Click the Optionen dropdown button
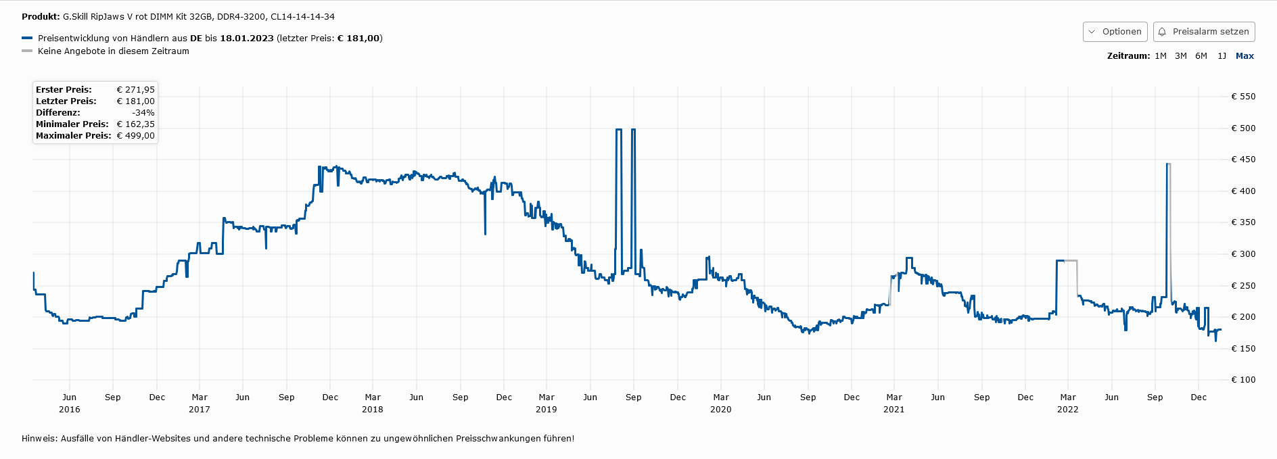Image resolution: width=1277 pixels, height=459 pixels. pos(1115,32)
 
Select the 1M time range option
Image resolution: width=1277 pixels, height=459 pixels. pos(1161,56)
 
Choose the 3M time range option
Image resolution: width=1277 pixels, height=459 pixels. pos(1181,56)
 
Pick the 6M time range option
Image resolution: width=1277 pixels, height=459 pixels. pos(1201,56)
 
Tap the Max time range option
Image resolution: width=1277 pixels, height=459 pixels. pos(1245,56)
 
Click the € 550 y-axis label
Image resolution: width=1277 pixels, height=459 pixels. pos(1243,97)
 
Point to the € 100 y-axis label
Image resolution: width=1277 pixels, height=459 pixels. pos(1243,380)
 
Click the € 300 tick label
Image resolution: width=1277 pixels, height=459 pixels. pos(1243,254)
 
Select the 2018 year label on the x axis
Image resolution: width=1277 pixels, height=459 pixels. pos(373,410)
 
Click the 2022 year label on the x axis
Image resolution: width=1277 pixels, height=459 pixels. pos(1068,410)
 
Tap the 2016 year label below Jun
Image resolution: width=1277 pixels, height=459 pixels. pos(70,410)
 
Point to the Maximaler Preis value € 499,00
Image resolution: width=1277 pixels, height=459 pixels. pos(136,136)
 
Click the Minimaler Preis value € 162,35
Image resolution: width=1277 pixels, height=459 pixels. pos(136,124)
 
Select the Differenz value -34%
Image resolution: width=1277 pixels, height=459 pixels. pos(143,113)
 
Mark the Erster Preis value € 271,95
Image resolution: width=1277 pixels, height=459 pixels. pos(136,90)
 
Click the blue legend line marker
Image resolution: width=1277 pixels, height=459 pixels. pos(27,39)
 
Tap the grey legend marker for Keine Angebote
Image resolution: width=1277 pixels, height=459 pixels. pos(27,51)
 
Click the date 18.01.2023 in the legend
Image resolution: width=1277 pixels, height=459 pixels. pos(247,39)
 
